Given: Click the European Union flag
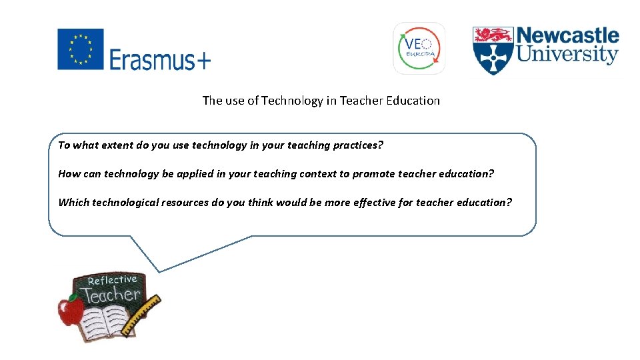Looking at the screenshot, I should pyautogui.click(x=81, y=49).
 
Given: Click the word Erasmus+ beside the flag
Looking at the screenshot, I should pyautogui.click(x=160, y=61).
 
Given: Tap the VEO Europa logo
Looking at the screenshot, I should pyautogui.click(x=419, y=48).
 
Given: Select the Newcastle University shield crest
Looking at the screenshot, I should pyautogui.click(x=493, y=51).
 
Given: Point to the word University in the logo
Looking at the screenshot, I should pyautogui.click(x=568, y=55).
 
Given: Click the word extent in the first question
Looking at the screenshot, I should pyautogui.click(x=114, y=145).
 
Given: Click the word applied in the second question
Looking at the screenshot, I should pyautogui.click(x=195, y=173).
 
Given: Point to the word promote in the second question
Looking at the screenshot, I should pyautogui.click(x=373, y=173).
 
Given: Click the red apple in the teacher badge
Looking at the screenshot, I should pyautogui.click(x=71, y=310).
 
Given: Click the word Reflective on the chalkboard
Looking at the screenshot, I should pyautogui.click(x=112, y=280).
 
